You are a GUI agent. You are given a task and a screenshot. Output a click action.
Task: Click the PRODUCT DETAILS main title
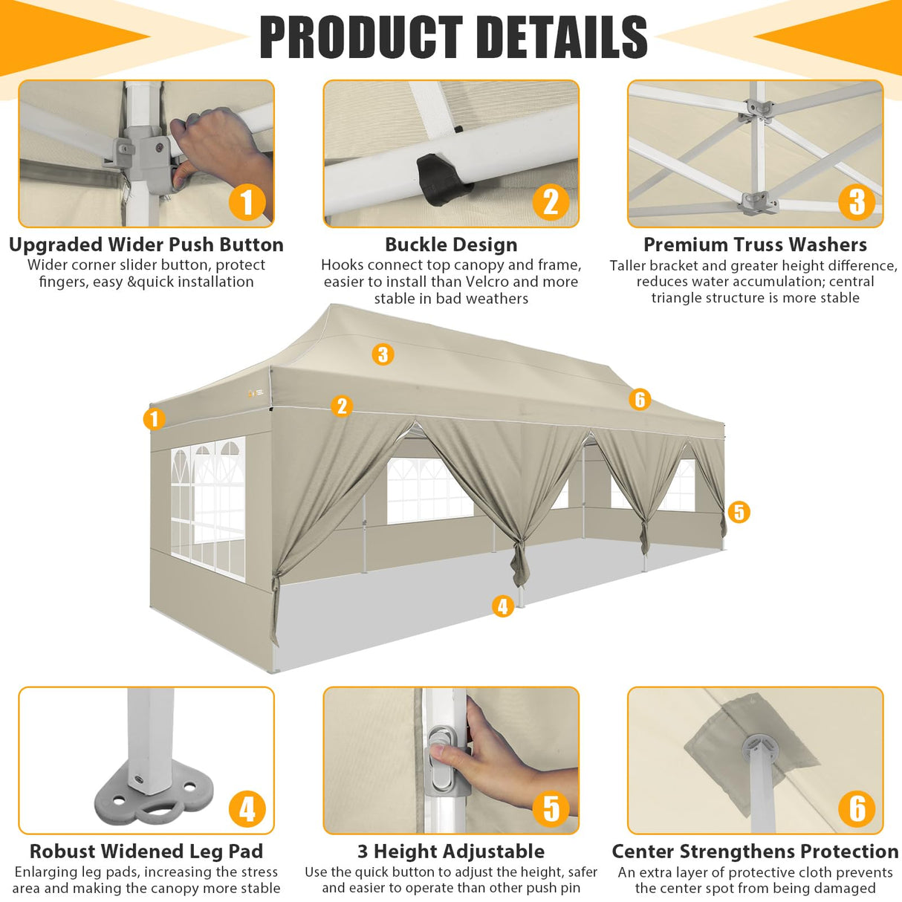point(452,37)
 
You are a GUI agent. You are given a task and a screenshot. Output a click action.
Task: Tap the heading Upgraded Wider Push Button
point(146,244)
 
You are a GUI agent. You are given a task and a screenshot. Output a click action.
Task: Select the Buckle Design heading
point(451,244)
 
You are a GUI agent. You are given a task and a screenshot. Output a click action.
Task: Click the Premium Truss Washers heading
point(755,244)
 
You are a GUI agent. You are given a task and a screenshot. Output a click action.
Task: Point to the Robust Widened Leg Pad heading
point(146,851)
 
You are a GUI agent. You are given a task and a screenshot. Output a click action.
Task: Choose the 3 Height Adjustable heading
point(451,851)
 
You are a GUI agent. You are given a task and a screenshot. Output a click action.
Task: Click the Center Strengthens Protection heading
point(755,851)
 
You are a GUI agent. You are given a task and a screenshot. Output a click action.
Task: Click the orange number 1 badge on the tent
point(154,419)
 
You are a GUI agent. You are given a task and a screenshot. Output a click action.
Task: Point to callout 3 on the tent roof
point(383,354)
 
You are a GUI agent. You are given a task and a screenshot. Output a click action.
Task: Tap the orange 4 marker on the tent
point(503,606)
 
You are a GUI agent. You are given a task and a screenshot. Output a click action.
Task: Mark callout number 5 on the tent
point(738,512)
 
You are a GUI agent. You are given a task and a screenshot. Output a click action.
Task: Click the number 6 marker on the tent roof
point(640,400)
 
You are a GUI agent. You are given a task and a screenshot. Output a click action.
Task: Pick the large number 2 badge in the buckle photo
point(551,202)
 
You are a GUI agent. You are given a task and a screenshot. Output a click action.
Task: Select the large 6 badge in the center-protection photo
point(857,808)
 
